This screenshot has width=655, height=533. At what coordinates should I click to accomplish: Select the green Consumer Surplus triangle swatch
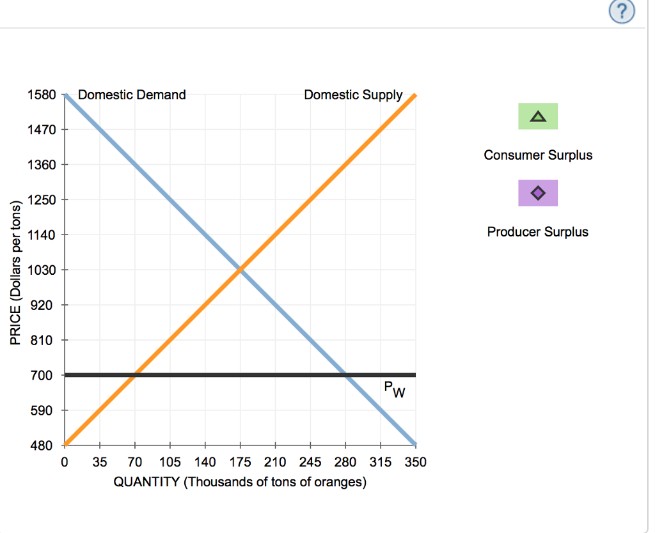(x=538, y=116)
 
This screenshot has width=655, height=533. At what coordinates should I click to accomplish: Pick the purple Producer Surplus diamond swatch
(x=538, y=192)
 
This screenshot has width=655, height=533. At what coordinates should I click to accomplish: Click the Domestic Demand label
(x=132, y=95)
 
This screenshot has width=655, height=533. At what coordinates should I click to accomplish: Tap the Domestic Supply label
(x=353, y=95)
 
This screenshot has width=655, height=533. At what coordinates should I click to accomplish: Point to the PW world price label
(x=394, y=389)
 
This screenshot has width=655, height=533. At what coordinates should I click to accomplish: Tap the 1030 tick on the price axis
(x=42, y=270)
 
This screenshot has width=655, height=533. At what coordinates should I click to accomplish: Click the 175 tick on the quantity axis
(x=240, y=462)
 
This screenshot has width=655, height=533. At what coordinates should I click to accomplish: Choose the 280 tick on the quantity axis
(x=345, y=462)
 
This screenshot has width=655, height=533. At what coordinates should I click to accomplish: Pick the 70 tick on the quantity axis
(x=134, y=462)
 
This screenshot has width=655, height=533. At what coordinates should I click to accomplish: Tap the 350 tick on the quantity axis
(x=416, y=462)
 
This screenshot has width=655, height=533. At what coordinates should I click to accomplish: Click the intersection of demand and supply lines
(x=240, y=270)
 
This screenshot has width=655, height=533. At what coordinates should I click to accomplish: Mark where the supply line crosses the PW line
(x=134, y=375)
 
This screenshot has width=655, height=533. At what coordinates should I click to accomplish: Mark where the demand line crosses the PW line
(x=345, y=375)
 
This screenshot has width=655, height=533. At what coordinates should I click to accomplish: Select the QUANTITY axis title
(x=240, y=482)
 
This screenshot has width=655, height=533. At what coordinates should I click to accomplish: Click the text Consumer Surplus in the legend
(x=538, y=155)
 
